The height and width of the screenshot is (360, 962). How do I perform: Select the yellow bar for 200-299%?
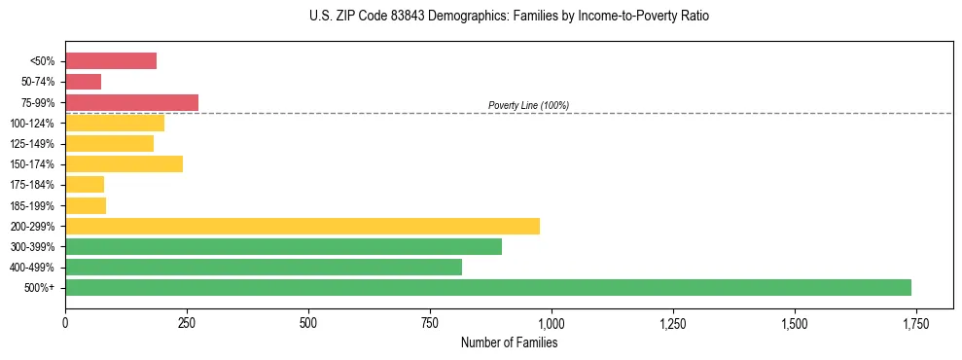(303, 226)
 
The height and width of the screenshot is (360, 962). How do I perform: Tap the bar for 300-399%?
(283, 246)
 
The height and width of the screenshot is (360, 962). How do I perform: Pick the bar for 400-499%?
(264, 267)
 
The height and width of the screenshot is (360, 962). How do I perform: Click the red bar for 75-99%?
(131, 102)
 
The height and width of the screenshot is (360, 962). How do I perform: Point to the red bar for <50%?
(111, 61)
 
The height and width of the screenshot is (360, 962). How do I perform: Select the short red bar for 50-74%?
(83, 82)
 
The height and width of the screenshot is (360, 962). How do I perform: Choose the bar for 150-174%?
(124, 163)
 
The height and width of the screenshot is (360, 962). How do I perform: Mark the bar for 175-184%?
(85, 184)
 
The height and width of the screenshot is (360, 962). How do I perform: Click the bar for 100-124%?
(115, 123)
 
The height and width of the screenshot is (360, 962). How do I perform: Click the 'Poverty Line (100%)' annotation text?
(528, 105)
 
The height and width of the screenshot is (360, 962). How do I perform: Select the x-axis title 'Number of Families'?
(509, 342)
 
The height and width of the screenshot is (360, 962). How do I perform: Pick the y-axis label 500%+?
(40, 288)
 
